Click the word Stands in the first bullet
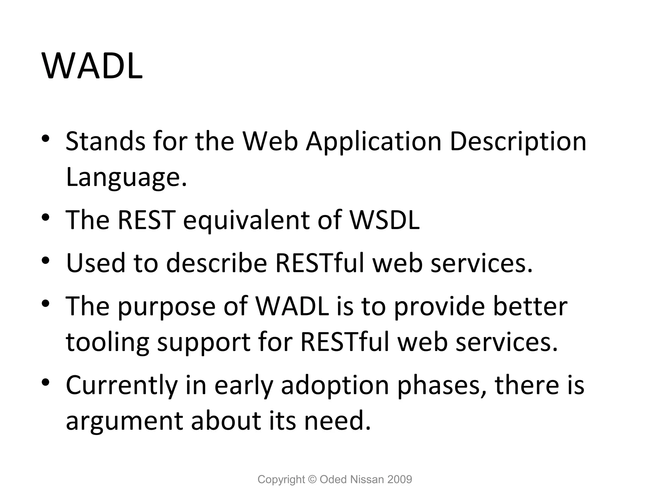(105, 141)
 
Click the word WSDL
(384, 220)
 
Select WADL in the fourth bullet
(292, 306)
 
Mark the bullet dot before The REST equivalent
(45, 217)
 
